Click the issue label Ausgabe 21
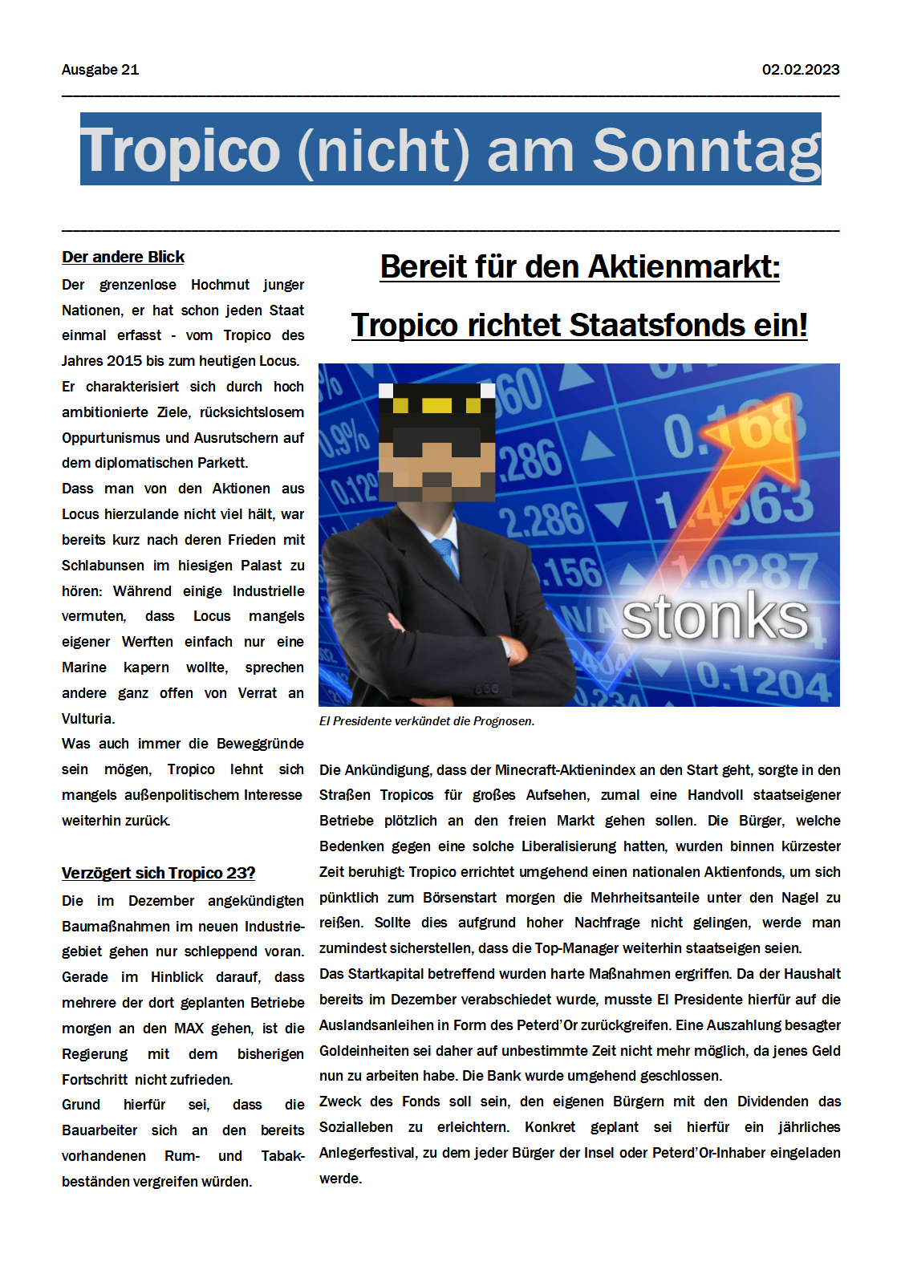pyautogui.click(x=100, y=70)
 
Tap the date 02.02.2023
pyautogui.click(x=800, y=70)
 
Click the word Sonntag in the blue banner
pyautogui.click(x=706, y=151)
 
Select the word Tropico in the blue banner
pyautogui.click(x=181, y=151)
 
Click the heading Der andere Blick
pyautogui.click(x=123, y=257)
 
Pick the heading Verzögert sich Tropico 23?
pyautogui.click(x=158, y=873)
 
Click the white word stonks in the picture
pyautogui.click(x=715, y=617)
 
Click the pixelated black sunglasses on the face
pyautogui.click(x=437, y=441)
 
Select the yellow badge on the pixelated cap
pyautogui.click(x=436, y=405)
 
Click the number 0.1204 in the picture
pyautogui.click(x=762, y=681)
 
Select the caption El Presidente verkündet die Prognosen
pyautogui.click(x=427, y=721)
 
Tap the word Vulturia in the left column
pyautogui.click(x=87, y=719)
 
